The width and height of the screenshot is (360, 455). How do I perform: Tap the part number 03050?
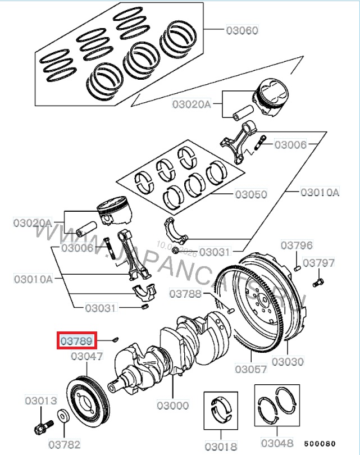tap(251, 194)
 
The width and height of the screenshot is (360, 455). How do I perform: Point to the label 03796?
tap(297, 245)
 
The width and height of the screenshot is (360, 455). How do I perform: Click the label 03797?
tap(318, 263)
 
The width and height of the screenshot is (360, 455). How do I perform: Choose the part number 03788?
tap(185, 294)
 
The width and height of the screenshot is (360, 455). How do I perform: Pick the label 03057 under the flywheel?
tap(250, 369)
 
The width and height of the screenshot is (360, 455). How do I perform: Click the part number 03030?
tap(288, 362)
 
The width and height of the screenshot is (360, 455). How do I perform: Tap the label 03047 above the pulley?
tap(86, 356)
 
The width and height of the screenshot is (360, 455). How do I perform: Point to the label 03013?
tap(41, 401)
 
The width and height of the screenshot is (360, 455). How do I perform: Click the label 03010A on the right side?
tap(320, 192)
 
